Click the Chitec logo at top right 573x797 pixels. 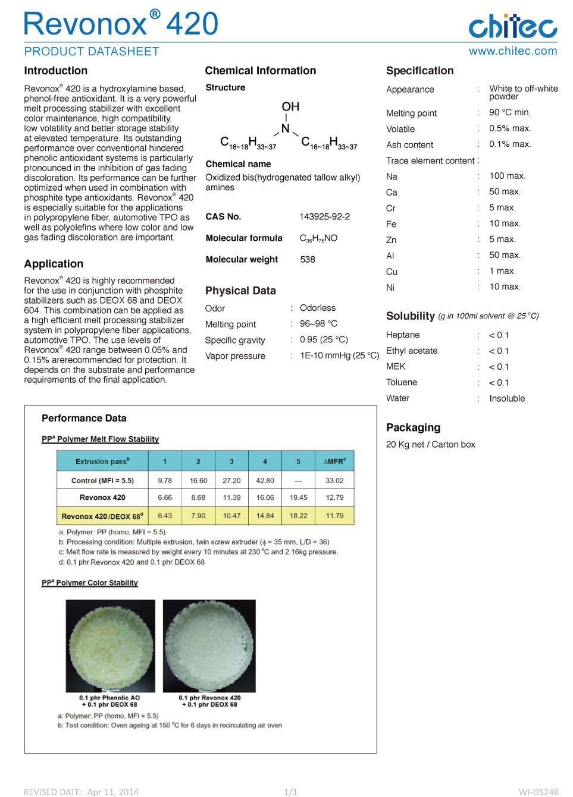(512, 26)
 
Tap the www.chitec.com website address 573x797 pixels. (512, 51)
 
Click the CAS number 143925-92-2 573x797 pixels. (324, 217)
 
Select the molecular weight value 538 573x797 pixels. (308, 260)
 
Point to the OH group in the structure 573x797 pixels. (290, 107)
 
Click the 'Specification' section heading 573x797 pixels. (419, 71)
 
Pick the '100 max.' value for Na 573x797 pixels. (507, 176)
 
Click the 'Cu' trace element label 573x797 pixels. (392, 272)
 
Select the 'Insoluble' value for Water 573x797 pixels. (507, 399)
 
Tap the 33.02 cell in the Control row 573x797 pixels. (334, 481)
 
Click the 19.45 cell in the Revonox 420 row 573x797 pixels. (299, 498)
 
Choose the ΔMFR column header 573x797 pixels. (334, 461)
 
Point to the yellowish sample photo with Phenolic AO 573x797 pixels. (111, 645)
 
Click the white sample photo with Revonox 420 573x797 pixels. (209, 645)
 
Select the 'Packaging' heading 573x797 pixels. (413, 428)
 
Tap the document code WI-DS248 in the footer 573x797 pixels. (538, 792)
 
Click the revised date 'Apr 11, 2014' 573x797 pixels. (112, 792)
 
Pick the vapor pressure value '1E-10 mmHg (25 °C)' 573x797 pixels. (339, 356)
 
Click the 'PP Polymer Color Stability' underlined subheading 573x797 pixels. (90, 583)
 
